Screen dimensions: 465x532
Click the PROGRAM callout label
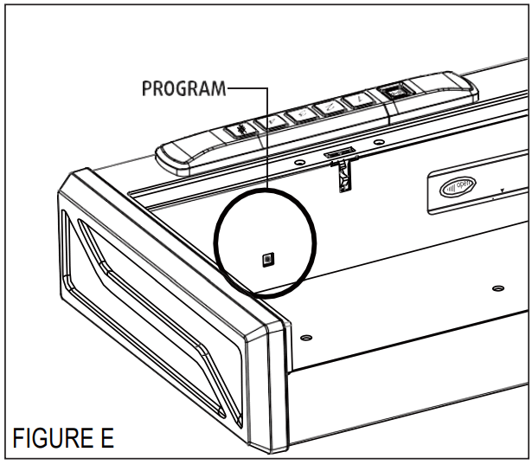182,88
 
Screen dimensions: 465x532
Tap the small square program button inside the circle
267,258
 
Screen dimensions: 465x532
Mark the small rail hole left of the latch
298,161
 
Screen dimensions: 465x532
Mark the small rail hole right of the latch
377,140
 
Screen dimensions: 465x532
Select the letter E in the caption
105,437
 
